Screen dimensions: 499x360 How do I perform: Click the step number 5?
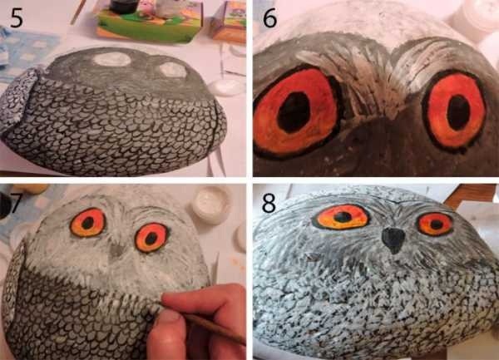pos(17,18)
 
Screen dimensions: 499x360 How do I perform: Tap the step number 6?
pos(269,18)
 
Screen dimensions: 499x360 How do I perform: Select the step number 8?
pos(269,203)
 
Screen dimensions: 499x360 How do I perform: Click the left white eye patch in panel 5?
pos(112,59)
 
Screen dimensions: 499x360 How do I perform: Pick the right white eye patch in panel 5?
pos(173,70)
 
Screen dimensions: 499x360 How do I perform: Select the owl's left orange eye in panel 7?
pos(87,223)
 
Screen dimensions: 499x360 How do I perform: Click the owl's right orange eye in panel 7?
pos(151,238)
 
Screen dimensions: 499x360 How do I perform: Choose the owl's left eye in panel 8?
pos(341,217)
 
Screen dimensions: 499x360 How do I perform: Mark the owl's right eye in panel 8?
pos(435,224)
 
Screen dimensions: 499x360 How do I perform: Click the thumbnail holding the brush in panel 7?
pos(166,318)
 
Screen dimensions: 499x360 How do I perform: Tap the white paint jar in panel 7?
pos(211,205)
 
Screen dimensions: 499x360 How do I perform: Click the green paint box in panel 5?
pos(150,22)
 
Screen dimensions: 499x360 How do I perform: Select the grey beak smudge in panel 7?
pos(116,250)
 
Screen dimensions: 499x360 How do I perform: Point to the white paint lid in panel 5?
pos(226,87)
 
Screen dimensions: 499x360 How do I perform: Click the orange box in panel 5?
pos(230,22)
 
